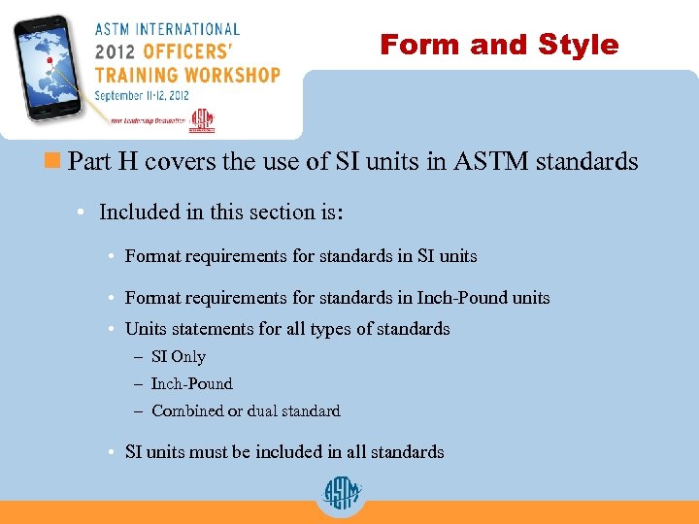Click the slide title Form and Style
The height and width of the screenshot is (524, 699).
499,45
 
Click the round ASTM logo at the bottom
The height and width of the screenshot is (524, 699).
341,495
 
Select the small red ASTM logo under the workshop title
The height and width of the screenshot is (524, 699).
201,120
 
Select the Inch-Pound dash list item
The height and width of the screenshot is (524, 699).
191,384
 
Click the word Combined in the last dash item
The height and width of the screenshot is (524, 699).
187,411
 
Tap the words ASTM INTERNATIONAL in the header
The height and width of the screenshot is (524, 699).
167,29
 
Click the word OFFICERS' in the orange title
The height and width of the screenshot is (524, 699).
191,50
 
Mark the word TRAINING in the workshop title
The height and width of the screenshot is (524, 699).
135,74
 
